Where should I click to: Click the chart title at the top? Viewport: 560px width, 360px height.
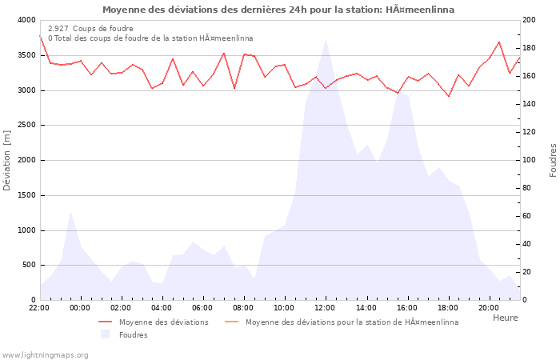click(x=278, y=10)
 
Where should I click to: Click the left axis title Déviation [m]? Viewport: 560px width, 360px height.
click(x=8, y=161)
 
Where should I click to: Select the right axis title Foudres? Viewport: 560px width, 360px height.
click(x=553, y=160)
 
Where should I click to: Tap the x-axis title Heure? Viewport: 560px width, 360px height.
click(x=505, y=318)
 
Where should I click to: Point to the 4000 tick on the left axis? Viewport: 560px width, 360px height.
click(x=26, y=20)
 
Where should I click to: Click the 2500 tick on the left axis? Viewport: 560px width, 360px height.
click(x=26, y=126)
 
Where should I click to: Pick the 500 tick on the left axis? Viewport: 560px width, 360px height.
click(x=28, y=266)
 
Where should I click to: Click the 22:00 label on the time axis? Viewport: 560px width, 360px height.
click(x=39, y=307)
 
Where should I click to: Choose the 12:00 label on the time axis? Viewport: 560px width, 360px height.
click(x=325, y=307)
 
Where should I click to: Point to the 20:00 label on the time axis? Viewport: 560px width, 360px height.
click(x=488, y=307)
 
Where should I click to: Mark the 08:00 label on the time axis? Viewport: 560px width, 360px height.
click(x=243, y=307)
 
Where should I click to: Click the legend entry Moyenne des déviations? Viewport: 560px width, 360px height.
click(x=163, y=322)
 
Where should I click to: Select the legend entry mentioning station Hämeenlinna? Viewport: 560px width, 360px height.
click(x=352, y=322)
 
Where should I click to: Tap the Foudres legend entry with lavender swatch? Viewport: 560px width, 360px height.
click(x=133, y=335)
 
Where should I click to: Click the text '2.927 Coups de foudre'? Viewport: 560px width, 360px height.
click(x=90, y=29)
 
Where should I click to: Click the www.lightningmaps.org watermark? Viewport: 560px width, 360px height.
click(x=45, y=354)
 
